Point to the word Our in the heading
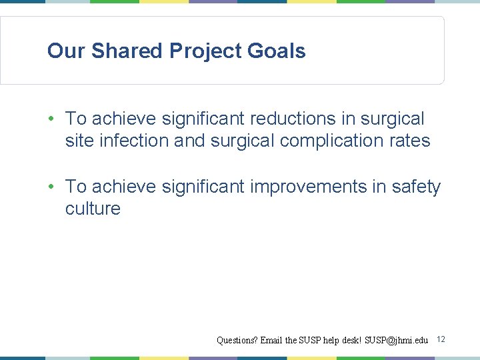pyautogui.click(x=66, y=51)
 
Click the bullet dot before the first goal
pyautogui.click(x=51, y=119)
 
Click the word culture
pyautogui.click(x=93, y=209)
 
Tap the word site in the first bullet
pyautogui.click(x=79, y=141)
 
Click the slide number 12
pyautogui.click(x=441, y=340)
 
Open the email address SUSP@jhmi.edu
pyautogui.click(x=396, y=341)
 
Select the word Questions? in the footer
pyautogui.click(x=237, y=341)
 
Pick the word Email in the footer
pyautogui.click(x=271, y=341)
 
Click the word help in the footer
pyautogui.click(x=331, y=341)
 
